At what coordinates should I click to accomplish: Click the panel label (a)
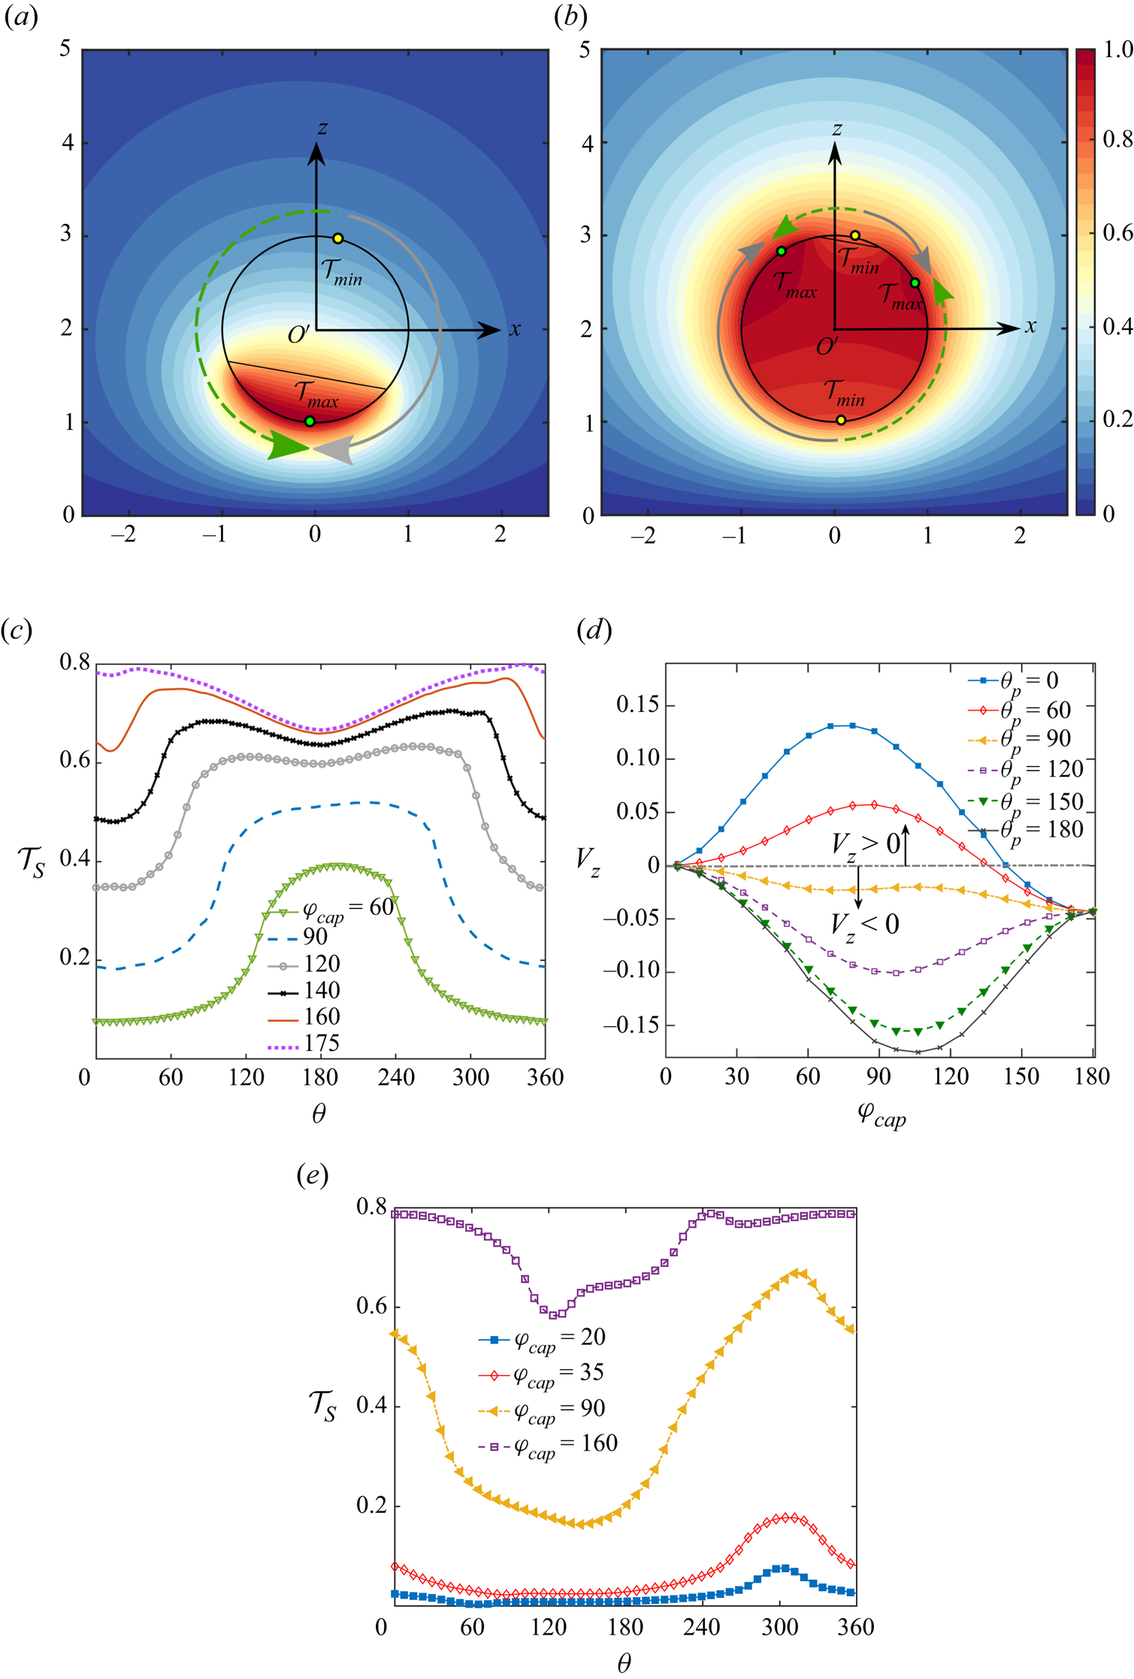[21, 17]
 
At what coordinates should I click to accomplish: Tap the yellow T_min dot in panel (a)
[338, 238]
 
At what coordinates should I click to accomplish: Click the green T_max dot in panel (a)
[310, 421]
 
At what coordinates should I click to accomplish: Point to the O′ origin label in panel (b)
[827, 347]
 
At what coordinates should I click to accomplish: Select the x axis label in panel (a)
[515, 329]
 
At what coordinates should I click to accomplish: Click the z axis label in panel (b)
[836, 129]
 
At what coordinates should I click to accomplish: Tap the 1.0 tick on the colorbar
[1117, 50]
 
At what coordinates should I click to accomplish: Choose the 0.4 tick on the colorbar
[1117, 326]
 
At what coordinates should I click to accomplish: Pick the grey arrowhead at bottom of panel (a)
[334, 450]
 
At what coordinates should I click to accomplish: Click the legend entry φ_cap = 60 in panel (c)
[346, 908]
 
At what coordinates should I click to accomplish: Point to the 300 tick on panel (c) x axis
[470, 1077]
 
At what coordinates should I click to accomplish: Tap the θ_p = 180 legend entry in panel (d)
[1041, 830]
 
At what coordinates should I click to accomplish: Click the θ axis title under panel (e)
[624, 1663]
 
